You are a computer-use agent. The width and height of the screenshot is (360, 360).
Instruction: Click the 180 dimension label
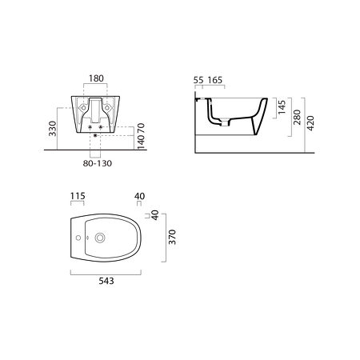coord(96,78)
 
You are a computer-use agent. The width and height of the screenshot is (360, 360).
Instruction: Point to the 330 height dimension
coord(53,129)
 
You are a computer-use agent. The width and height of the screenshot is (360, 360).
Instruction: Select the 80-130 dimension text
coord(98,163)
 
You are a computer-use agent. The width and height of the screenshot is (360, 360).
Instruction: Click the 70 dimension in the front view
coord(141,128)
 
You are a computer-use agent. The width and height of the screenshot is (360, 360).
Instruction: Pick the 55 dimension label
coord(198,80)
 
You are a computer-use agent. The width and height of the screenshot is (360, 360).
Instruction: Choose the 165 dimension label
coord(215,80)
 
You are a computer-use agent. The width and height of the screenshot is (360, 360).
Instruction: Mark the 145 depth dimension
coord(282,107)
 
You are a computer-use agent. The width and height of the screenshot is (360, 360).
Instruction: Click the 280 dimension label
coord(297,118)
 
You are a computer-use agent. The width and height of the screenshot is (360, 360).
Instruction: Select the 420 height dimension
coord(310,123)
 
